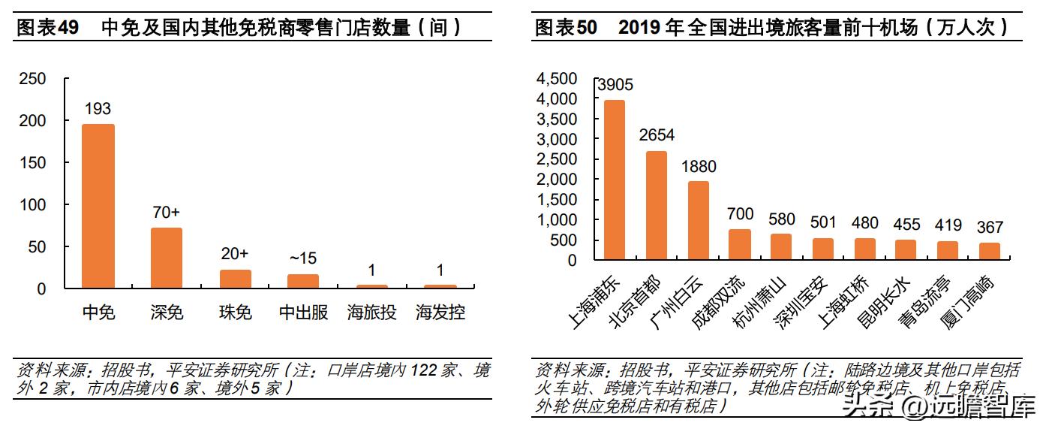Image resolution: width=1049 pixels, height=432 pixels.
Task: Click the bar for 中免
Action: point(98,206)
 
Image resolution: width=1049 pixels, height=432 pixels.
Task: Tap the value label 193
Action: point(98,110)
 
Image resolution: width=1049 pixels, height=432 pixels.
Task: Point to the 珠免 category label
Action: point(235,313)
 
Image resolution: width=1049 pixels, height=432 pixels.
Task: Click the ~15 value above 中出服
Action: point(302,258)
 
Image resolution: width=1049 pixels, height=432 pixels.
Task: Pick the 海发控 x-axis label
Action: point(440,313)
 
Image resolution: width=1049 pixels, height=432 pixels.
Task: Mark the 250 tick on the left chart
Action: point(33,79)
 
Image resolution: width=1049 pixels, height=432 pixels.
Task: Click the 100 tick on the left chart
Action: point(33,205)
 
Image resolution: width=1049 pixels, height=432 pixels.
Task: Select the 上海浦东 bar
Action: point(615,180)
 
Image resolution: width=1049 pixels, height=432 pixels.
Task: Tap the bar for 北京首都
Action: point(657,205)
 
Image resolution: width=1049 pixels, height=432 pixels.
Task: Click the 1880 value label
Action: point(699,167)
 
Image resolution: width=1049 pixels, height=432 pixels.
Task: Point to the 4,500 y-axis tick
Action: point(557,79)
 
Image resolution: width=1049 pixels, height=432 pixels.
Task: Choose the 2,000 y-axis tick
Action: point(557,180)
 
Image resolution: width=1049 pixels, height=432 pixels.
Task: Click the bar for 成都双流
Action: point(740,245)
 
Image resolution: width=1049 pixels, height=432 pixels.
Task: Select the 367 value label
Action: point(989,228)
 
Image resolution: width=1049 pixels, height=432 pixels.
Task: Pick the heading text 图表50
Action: point(566,28)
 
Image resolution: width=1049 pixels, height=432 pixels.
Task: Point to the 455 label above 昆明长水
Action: point(906,225)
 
